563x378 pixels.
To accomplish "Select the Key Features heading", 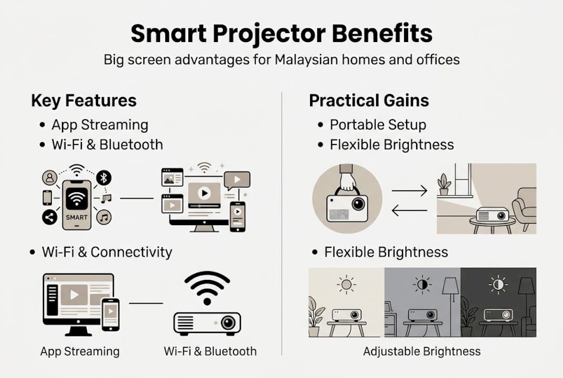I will [x=84, y=101].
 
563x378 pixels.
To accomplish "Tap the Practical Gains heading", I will [x=368, y=101].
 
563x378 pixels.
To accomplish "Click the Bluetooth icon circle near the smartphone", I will [x=104, y=177].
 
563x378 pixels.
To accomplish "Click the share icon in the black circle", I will [x=50, y=217].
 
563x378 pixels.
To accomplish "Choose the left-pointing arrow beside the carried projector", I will [x=410, y=211].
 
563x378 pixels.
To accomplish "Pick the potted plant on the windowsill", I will [x=444, y=184].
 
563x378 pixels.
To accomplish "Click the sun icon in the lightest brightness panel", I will [x=346, y=285].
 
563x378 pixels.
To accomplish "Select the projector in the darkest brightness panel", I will [x=498, y=314].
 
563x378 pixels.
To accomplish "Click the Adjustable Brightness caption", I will [x=422, y=351].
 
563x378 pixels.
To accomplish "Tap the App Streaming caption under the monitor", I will [x=80, y=351].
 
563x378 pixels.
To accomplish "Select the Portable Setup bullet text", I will [x=378, y=125].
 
